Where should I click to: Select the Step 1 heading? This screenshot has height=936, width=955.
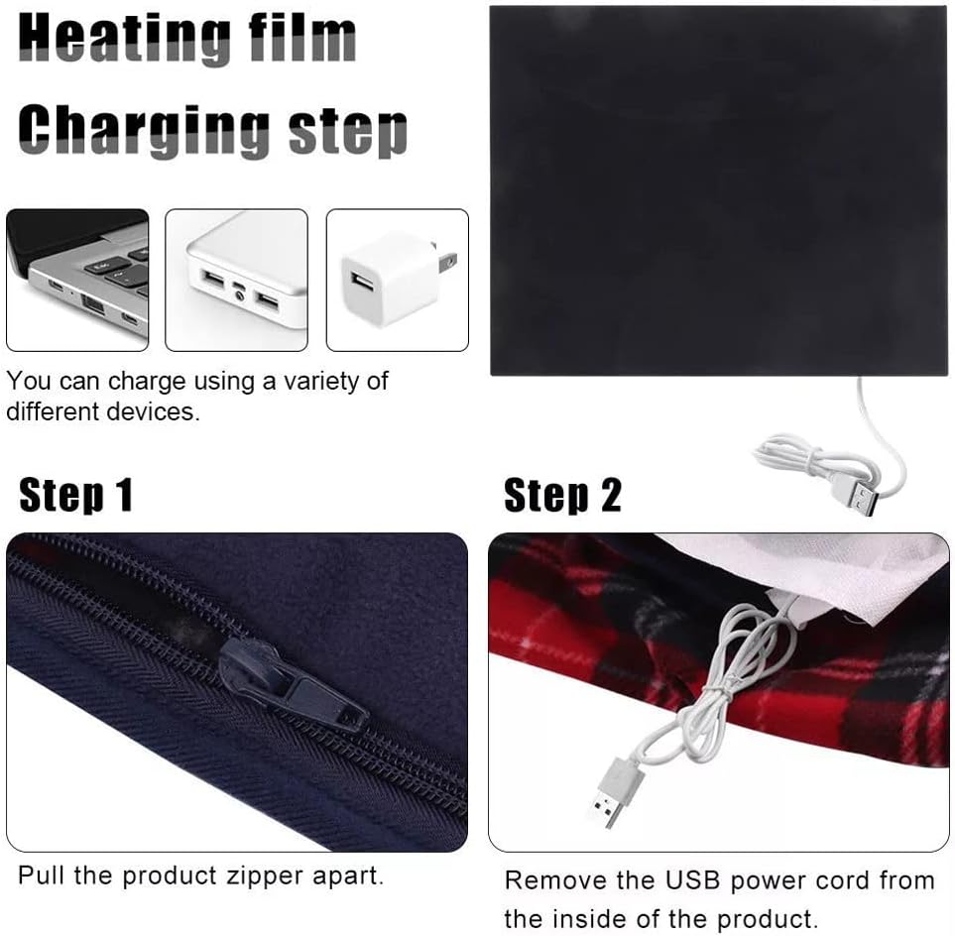(75, 495)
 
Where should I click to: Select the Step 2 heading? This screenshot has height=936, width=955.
(562, 495)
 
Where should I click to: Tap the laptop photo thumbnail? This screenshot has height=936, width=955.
(77, 280)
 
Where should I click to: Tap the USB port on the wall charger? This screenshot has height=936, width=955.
(362, 282)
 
